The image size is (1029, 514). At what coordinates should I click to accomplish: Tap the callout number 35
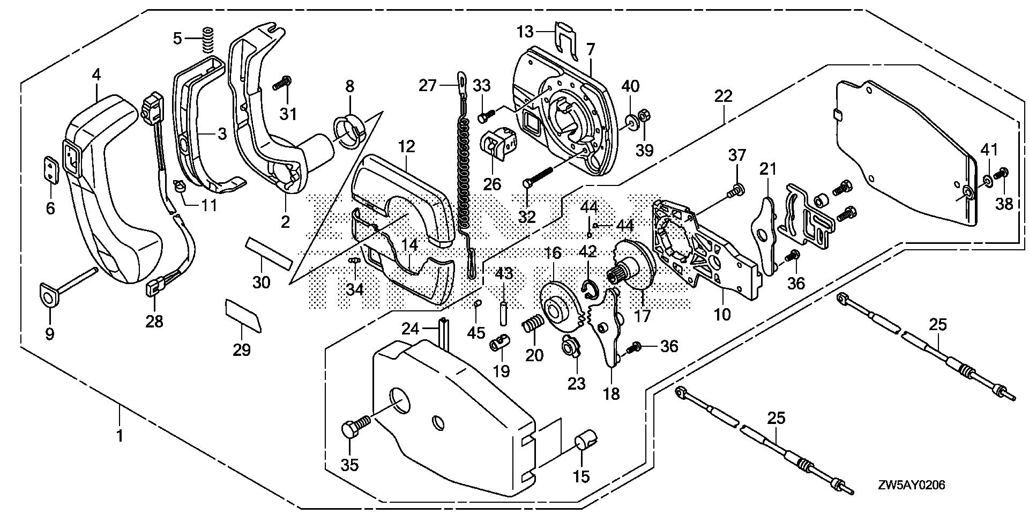pos(350,464)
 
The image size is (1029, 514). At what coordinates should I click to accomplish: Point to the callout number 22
pos(723,96)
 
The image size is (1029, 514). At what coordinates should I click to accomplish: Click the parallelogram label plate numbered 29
pos(242,316)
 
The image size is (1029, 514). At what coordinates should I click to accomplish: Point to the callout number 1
pos(120,435)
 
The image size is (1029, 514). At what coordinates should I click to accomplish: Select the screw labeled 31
pos(283,84)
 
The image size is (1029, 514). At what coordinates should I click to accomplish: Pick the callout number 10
pos(722,314)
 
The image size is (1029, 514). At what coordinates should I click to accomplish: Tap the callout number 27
pos(428,86)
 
